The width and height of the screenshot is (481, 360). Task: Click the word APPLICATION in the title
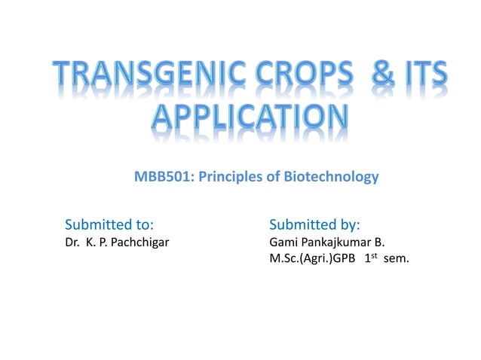[240, 121]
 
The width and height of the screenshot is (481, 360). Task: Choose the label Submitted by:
[315, 224]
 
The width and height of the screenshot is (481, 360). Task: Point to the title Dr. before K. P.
[74, 244]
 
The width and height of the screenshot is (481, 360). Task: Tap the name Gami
[283, 244]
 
